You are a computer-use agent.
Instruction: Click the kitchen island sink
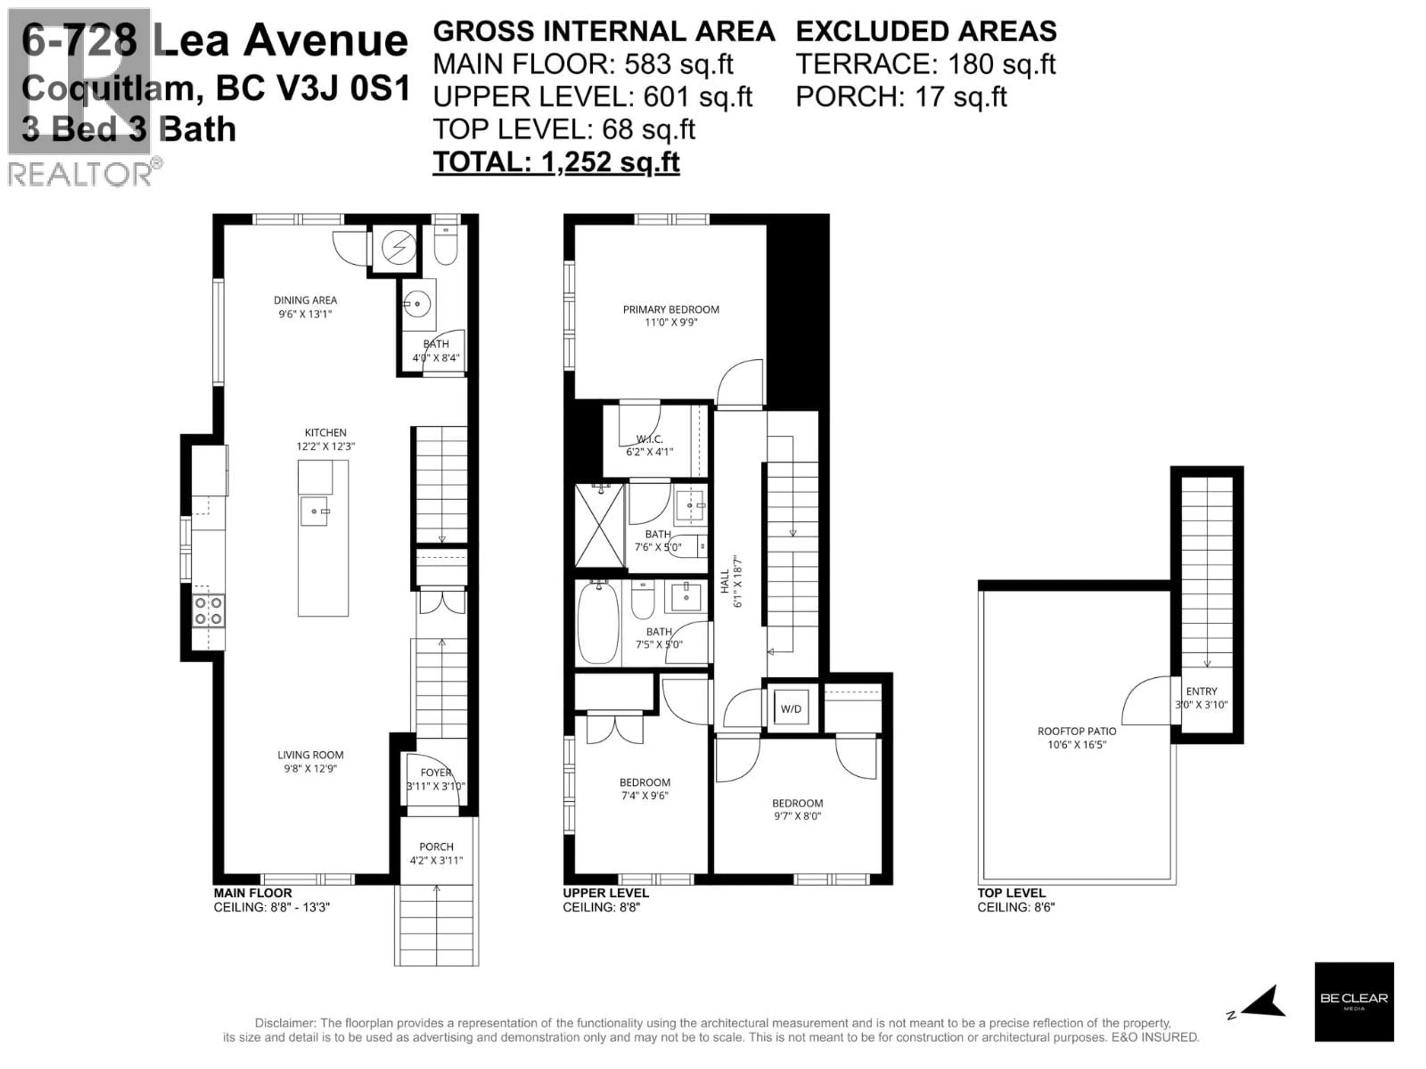[x=315, y=511]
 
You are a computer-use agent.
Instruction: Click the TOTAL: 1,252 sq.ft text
[x=556, y=162]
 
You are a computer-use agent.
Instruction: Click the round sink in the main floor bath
[x=417, y=303]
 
